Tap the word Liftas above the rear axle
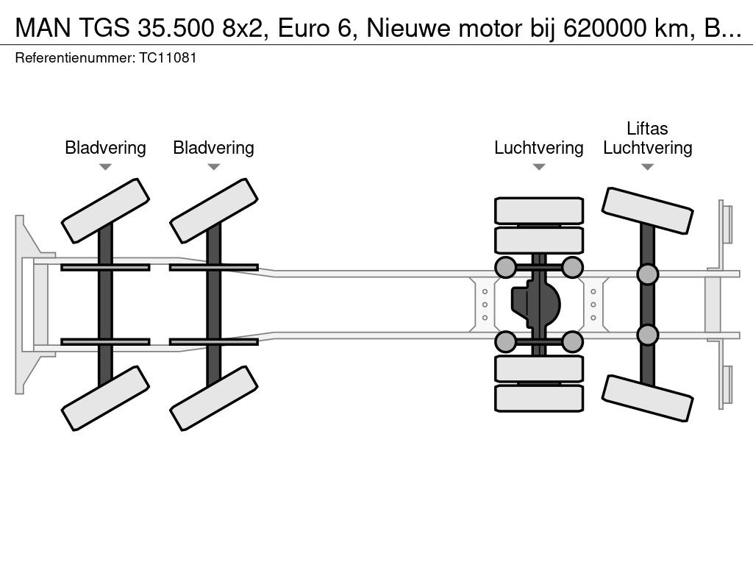coord(647,129)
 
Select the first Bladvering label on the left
coord(105,148)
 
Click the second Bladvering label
coord(213,148)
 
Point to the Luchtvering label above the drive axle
coord(538,148)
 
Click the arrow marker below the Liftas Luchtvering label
coord(647,167)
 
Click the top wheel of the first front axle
coord(105,210)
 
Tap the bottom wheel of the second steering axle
coord(214,398)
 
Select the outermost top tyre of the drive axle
coord(539,210)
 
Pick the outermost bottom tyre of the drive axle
coord(539,398)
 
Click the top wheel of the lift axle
coord(647,212)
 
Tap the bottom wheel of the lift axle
coord(647,398)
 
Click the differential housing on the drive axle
coord(536,304)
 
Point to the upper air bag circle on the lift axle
coord(647,274)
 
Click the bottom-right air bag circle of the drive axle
coord(572,341)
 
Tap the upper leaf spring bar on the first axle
coord(105,267)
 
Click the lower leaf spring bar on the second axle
coord(214,341)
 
